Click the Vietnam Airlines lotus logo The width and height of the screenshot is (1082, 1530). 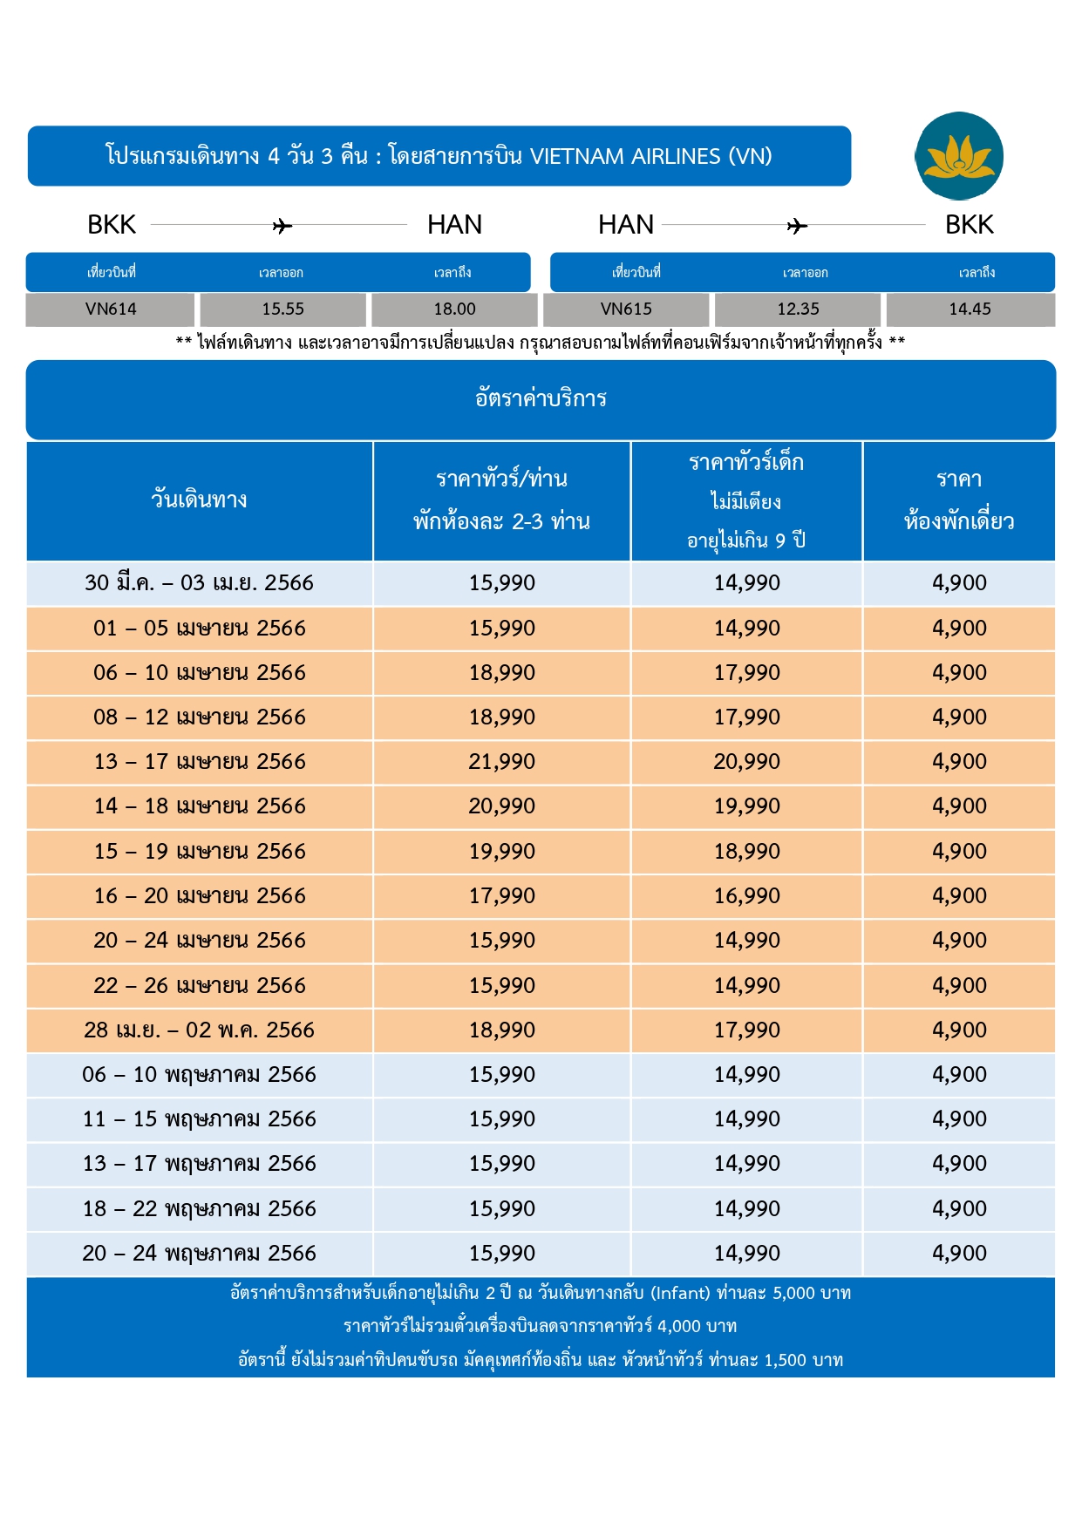click(x=959, y=156)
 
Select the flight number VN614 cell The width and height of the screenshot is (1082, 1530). click(x=111, y=309)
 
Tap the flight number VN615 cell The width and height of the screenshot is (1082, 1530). click(x=626, y=309)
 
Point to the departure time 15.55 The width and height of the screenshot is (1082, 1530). click(x=283, y=309)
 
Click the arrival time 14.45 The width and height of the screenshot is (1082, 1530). click(x=970, y=309)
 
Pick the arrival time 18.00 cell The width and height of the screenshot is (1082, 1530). click(x=454, y=309)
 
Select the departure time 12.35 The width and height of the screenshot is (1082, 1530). click(x=798, y=309)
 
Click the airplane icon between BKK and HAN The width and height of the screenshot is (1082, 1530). click(x=282, y=227)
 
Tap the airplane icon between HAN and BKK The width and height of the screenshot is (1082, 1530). click(x=797, y=227)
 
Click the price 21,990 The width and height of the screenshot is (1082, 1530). click(x=502, y=762)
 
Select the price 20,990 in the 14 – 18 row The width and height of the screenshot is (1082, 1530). click(x=502, y=806)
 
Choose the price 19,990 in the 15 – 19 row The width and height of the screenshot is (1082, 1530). click(x=502, y=851)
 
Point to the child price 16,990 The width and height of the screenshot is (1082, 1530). click(x=747, y=896)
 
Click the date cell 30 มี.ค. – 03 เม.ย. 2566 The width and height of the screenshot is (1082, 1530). click(x=199, y=583)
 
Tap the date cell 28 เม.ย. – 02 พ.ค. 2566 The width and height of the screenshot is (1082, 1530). click(x=199, y=1030)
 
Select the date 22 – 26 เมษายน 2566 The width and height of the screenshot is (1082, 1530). click(x=200, y=986)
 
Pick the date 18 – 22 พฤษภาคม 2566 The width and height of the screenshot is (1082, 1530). click(x=199, y=1209)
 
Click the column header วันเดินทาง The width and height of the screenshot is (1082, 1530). click(x=199, y=500)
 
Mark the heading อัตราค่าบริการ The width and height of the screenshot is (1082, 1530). click(x=541, y=398)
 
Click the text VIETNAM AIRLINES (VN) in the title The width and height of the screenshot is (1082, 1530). click(x=651, y=156)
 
